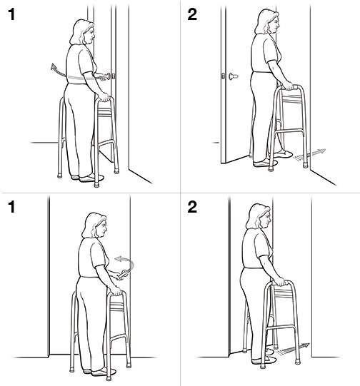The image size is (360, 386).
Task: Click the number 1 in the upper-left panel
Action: pyautogui.click(x=10, y=16)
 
